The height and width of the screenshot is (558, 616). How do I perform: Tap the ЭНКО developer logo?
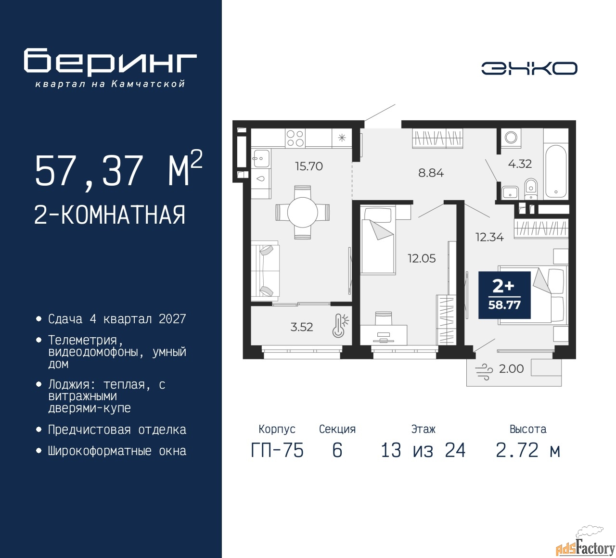point(529,68)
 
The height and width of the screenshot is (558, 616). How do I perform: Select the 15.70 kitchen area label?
point(309,166)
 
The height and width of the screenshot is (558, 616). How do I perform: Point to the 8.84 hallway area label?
point(431,173)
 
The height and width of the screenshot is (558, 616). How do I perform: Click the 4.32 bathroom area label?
point(520,164)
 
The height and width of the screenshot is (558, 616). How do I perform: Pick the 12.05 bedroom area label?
point(422,258)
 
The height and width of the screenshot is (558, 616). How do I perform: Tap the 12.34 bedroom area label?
point(489,237)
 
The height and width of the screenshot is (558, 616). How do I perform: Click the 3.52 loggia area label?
point(302,327)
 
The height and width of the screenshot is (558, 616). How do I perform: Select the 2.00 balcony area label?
point(511,368)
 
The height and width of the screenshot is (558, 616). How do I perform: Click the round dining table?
point(303,213)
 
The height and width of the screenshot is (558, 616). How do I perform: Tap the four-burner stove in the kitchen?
point(295,138)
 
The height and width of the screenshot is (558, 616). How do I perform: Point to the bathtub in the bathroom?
point(556,172)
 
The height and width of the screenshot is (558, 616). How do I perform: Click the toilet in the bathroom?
point(530,189)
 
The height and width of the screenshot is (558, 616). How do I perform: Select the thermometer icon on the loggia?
point(340,326)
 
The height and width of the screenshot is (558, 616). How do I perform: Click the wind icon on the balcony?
point(484,372)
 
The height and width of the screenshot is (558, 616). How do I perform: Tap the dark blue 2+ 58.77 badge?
point(504,295)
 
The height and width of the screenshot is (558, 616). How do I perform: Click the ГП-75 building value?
point(277,450)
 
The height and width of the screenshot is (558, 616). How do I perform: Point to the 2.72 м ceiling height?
point(528,450)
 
